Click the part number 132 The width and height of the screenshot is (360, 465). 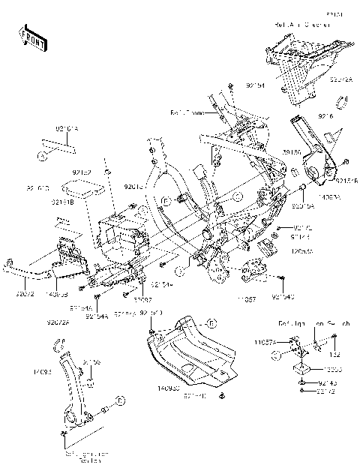click(x=336, y=355)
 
